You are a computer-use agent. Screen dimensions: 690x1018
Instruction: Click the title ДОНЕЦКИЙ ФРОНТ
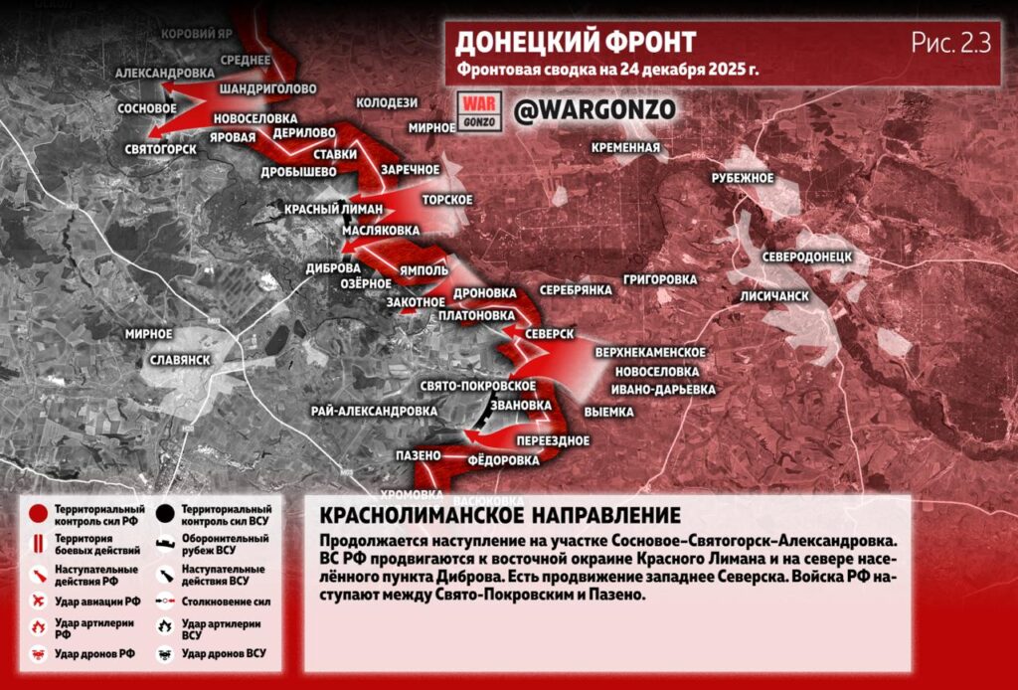click(x=576, y=42)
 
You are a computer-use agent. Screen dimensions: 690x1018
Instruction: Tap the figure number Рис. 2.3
click(x=950, y=43)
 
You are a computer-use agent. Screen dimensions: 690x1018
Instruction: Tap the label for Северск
click(x=550, y=334)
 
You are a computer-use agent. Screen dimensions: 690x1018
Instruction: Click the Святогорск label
click(x=160, y=149)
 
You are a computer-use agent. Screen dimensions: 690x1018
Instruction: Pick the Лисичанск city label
click(x=774, y=296)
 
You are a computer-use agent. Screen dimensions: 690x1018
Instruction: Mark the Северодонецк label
click(x=807, y=256)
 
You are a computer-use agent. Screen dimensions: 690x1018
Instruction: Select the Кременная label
click(x=625, y=148)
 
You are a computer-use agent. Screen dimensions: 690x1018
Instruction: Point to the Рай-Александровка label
click(x=374, y=410)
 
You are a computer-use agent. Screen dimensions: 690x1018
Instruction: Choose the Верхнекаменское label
click(x=650, y=353)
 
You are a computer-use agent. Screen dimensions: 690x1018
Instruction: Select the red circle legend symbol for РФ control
click(x=38, y=514)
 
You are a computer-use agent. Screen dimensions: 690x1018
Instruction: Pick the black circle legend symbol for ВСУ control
click(x=166, y=514)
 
